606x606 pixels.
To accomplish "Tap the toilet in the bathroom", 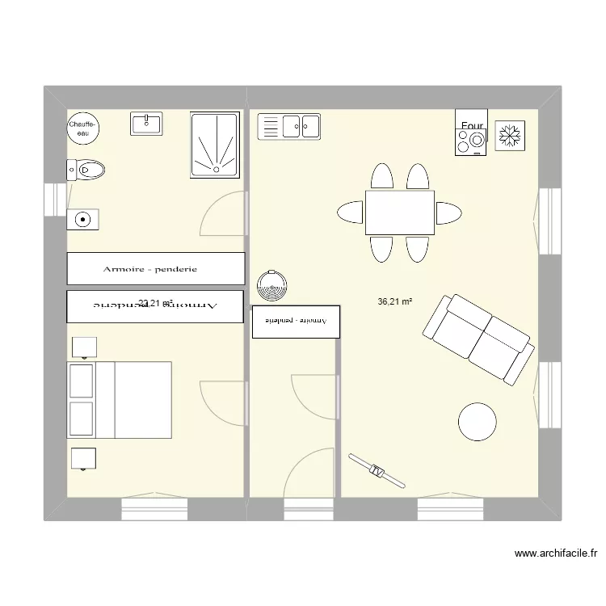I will coord(86,170).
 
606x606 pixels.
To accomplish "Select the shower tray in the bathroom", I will coord(214,145).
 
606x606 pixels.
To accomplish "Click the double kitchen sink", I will coord(289,126).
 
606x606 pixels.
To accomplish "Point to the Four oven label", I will coord(473,125).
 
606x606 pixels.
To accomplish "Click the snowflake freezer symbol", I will coord(509,135).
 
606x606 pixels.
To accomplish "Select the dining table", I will coord(400,213).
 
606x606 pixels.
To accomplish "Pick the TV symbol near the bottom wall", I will coord(377,470).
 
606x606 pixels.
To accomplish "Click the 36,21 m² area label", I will coord(395,302).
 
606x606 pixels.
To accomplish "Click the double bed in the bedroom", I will coord(121,400).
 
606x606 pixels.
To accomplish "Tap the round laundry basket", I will coord(271,284).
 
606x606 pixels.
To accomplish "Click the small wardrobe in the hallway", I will coord(296,321).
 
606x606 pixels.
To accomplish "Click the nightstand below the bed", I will coord(84,458).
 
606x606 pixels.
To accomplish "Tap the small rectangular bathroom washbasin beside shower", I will coord(146,123).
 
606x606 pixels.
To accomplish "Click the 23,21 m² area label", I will coord(155,304).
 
